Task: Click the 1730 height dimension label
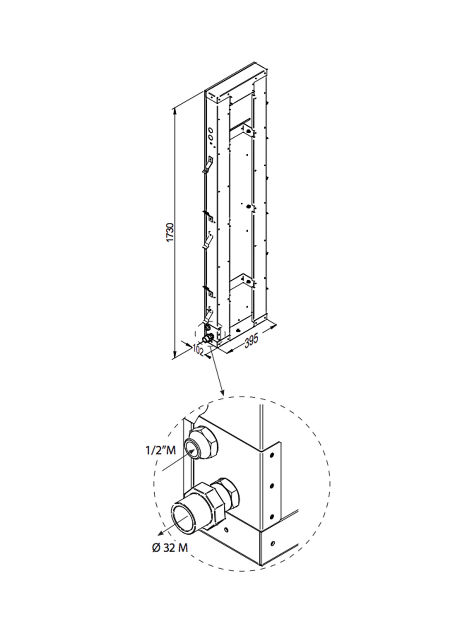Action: pos(170,233)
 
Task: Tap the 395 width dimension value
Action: pos(251,341)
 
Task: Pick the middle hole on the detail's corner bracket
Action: pos(272,486)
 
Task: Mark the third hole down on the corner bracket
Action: pos(272,516)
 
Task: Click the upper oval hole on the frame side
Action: pos(211,130)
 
